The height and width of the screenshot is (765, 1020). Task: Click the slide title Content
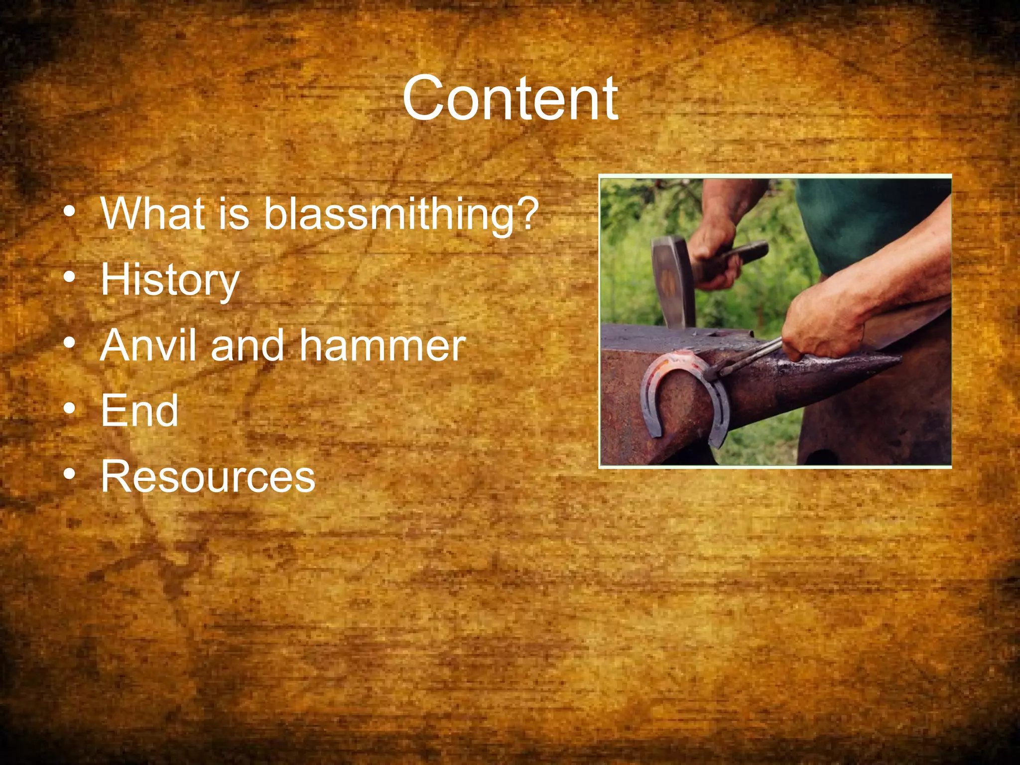tap(510, 99)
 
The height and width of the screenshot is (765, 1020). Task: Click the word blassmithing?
tap(401, 214)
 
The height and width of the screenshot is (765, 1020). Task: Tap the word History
tap(170, 280)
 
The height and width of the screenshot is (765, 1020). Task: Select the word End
tap(139, 411)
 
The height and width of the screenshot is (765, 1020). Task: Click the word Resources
tap(208, 477)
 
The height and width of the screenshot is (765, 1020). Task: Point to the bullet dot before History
tap(70, 277)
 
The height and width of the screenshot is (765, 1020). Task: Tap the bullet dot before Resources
tap(70, 474)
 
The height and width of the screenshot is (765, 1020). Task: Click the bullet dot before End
tap(70, 408)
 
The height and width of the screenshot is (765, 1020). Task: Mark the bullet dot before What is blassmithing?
tap(70, 211)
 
